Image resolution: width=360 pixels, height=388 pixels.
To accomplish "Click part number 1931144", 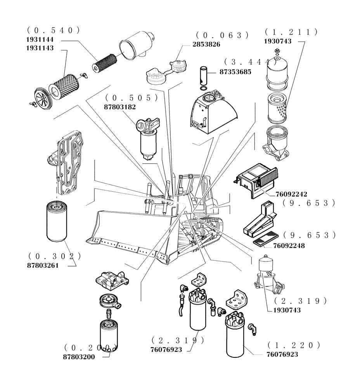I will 40,40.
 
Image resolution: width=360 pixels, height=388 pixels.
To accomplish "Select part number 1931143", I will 40,48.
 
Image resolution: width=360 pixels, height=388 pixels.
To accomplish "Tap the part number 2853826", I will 206,44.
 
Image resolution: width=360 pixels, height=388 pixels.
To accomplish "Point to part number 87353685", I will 235,72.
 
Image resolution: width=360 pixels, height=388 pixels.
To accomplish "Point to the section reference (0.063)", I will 222,35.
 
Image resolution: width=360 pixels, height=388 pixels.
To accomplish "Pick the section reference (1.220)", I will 294,345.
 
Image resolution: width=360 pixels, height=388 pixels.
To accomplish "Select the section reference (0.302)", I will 54,256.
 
